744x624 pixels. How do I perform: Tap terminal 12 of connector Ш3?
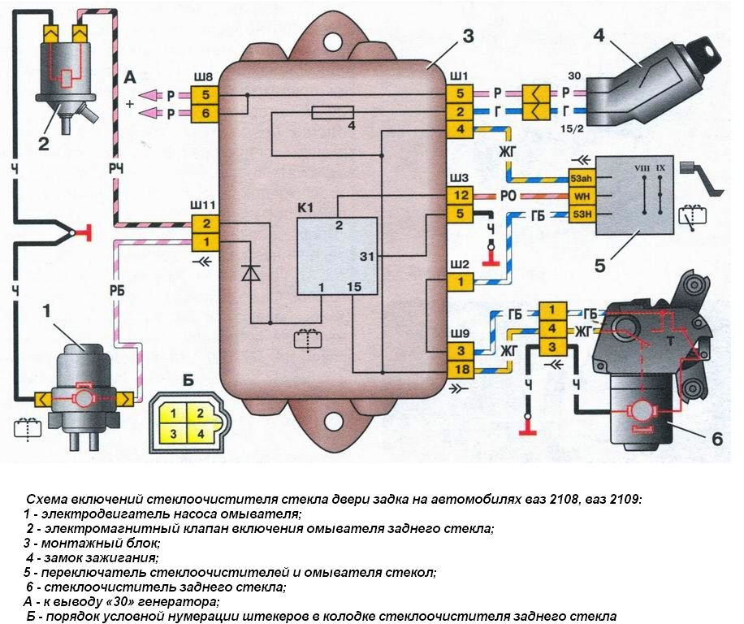[459, 196]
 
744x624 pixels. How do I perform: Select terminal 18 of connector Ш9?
[459, 370]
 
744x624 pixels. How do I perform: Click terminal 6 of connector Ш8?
[205, 114]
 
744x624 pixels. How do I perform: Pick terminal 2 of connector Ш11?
[206, 223]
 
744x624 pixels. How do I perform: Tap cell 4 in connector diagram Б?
[197, 433]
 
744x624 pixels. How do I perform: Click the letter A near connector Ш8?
[130, 78]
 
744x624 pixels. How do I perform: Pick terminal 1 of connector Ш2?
[459, 282]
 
